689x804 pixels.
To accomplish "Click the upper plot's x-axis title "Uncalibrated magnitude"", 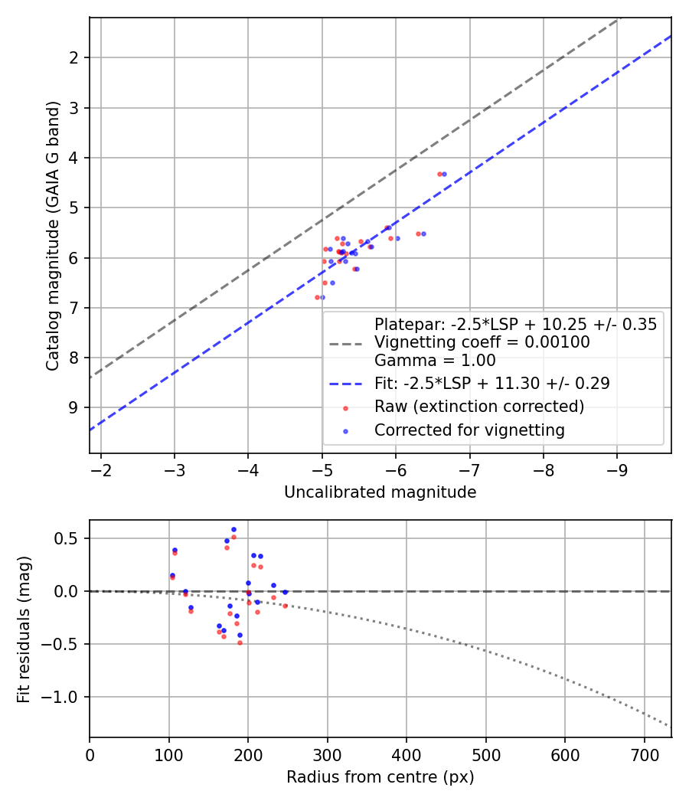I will [x=380, y=492].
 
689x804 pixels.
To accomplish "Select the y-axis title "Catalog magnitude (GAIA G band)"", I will [x=53, y=235].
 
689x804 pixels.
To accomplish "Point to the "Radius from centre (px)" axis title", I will [x=380, y=777].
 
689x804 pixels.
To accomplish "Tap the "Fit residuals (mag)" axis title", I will [x=24, y=629].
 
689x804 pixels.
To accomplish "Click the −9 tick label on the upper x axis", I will [x=617, y=469].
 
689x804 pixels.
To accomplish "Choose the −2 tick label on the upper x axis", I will [x=100, y=469].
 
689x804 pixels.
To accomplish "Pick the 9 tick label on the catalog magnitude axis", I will [x=74, y=407].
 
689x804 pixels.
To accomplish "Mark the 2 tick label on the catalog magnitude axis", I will [x=74, y=57].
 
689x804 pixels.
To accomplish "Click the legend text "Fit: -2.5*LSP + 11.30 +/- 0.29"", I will [x=492, y=384].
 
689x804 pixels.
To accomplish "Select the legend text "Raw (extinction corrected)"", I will [x=479, y=407].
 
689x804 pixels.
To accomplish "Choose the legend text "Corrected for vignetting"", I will [x=469, y=430].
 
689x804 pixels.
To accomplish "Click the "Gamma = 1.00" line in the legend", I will [x=435, y=361].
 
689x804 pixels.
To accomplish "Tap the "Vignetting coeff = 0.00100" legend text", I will [x=482, y=342].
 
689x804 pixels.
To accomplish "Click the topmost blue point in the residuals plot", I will [x=233, y=529].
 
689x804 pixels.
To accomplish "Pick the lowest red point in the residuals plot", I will [x=240, y=642].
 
